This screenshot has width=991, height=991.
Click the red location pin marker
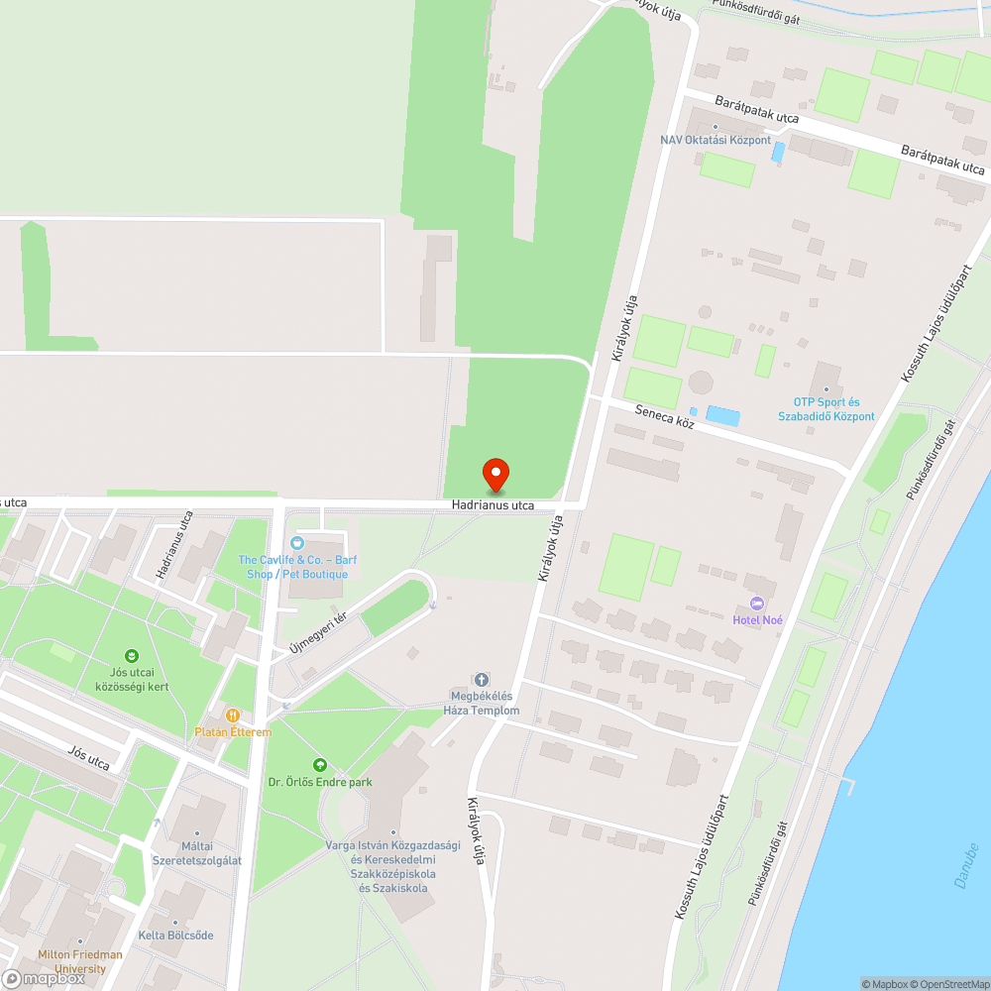pyautogui.click(x=495, y=476)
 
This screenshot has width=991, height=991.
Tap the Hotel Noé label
pyautogui.click(x=758, y=620)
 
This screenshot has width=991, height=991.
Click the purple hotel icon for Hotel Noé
pyautogui.click(x=758, y=604)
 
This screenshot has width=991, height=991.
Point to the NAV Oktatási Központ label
pyautogui.click(x=716, y=140)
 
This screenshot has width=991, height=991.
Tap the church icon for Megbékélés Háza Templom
pyautogui.click(x=482, y=679)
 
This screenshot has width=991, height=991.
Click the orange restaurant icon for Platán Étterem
pyautogui.click(x=232, y=715)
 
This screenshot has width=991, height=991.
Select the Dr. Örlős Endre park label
pyautogui.click(x=320, y=782)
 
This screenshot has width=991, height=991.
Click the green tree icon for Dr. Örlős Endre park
pyautogui.click(x=319, y=765)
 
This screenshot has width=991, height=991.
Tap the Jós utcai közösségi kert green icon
pyautogui.click(x=132, y=655)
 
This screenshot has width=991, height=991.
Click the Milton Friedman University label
pyautogui.click(x=80, y=961)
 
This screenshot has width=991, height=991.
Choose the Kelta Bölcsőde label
pyautogui.click(x=175, y=936)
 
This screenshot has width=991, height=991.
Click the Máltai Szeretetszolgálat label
pyautogui.click(x=196, y=853)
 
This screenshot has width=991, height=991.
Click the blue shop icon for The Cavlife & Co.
pyautogui.click(x=296, y=543)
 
